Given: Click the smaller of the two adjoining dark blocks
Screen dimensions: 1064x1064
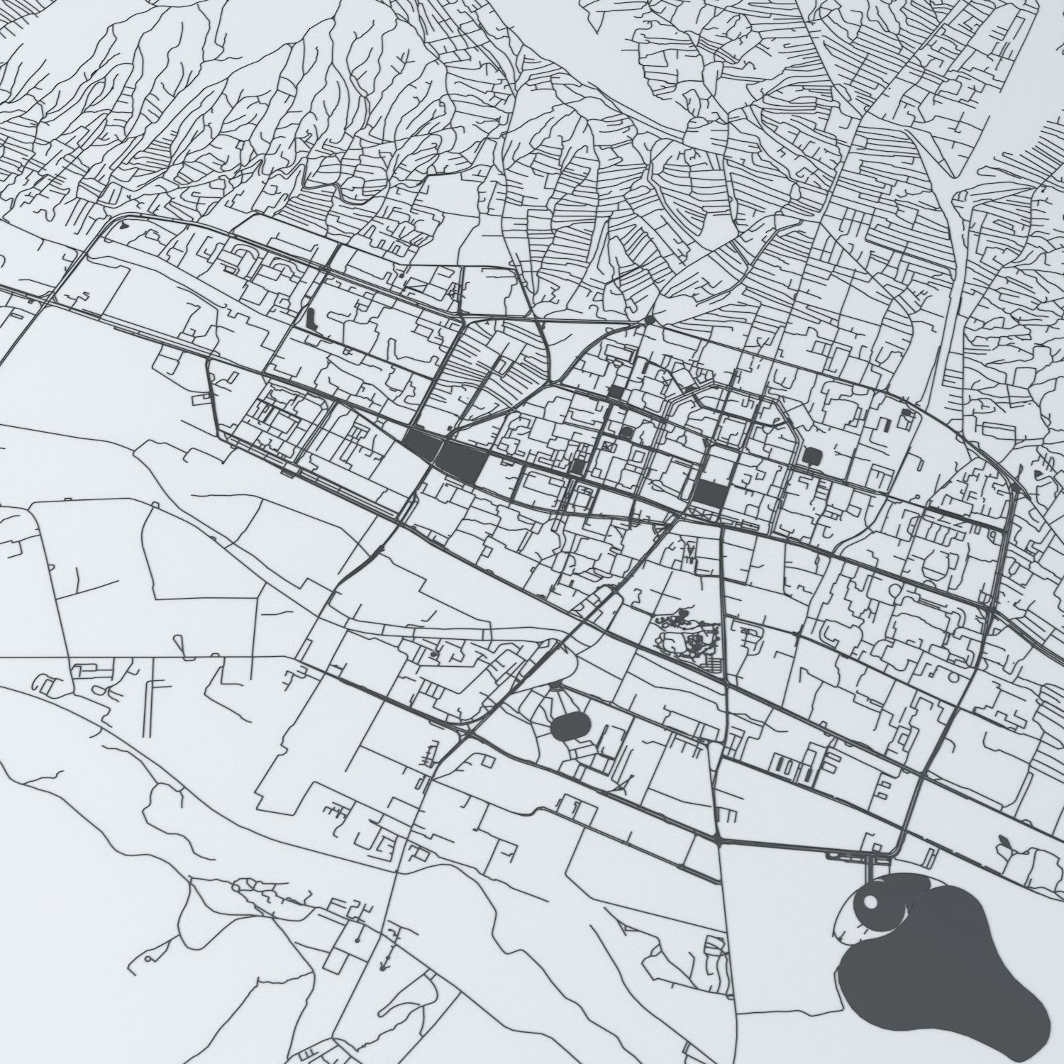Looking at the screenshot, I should click(423, 445).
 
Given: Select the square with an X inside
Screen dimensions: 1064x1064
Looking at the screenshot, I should click(608, 447).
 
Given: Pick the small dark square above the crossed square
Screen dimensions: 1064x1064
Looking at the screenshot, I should click(616, 391).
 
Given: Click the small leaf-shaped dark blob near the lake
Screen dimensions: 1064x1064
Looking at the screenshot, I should click(1004, 842).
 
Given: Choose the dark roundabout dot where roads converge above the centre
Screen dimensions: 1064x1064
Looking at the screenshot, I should click(650, 319).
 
